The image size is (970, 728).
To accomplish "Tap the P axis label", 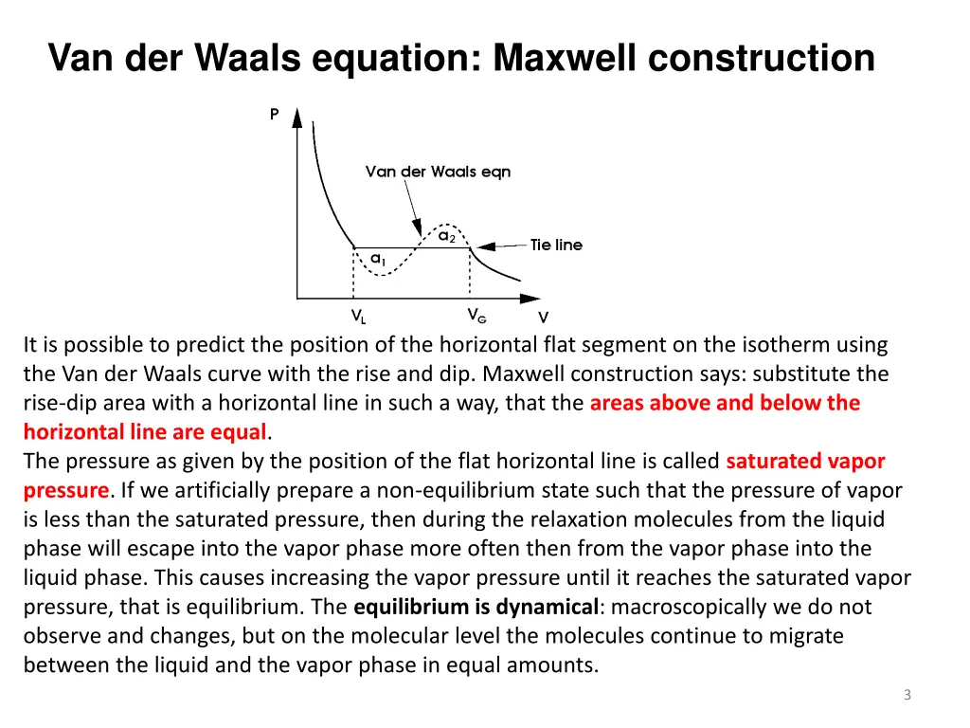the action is pos(275,115).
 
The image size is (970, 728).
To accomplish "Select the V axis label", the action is pos(543,318).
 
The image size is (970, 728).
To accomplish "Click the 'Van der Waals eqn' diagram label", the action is pos(438,172).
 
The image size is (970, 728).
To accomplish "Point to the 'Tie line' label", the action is pos(556,245).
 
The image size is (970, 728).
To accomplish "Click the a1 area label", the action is pos(377,258).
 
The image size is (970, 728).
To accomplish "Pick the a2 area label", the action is pos(446,235).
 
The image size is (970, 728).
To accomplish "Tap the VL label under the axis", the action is pos(358,317).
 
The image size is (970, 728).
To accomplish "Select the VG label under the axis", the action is pos(476,315).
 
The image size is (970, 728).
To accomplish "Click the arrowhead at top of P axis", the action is pos(296,118).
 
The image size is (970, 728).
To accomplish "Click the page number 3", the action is pos(907,696).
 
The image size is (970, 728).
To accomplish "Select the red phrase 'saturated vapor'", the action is pos(805,462).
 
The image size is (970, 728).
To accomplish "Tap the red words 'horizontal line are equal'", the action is pos(146,432).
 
